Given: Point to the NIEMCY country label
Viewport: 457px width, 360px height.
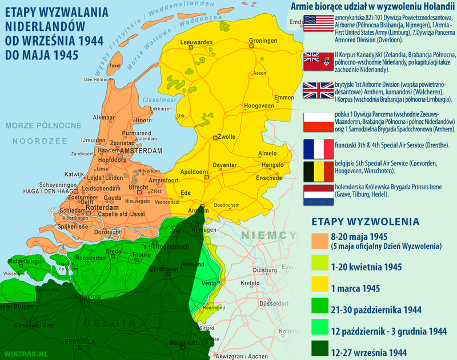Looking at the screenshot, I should tap(268, 235).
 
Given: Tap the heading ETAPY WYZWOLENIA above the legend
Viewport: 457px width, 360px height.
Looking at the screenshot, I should tap(365, 221).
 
